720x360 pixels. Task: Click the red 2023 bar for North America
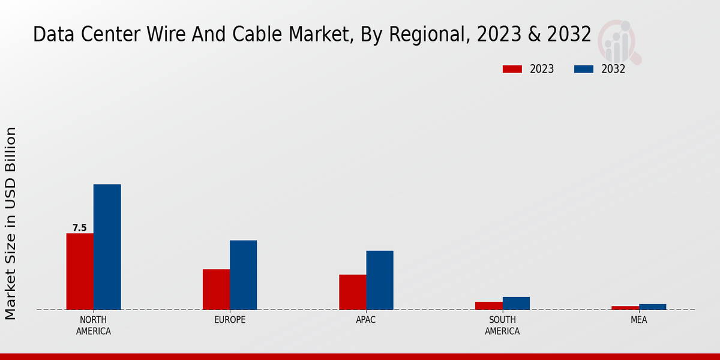pyautogui.click(x=80, y=271)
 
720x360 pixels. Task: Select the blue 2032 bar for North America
pyautogui.click(x=107, y=247)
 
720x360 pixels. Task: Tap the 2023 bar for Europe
pyautogui.click(x=216, y=289)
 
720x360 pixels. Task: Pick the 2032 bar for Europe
pyautogui.click(x=243, y=275)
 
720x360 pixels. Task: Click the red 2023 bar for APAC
pyautogui.click(x=352, y=292)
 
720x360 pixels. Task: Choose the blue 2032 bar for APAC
pyautogui.click(x=380, y=280)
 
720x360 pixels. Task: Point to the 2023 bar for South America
pyautogui.click(x=488, y=305)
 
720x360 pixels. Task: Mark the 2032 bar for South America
pyautogui.click(x=516, y=303)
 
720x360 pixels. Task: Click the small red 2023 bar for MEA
pyautogui.click(x=625, y=308)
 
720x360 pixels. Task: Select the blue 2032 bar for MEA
pyautogui.click(x=652, y=307)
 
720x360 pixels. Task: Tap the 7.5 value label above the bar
pyautogui.click(x=80, y=228)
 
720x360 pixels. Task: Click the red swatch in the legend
pyautogui.click(x=512, y=69)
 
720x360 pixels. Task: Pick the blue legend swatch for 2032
pyautogui.click(x=584, y=69)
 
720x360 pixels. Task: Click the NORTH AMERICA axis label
pyautogui.click(x=94, y=325)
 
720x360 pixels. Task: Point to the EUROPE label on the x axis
pyautogui.click(x=230, y=320)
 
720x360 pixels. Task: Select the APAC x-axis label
pyautogui.click(x=366, y=320)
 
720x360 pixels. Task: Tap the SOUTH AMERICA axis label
pyautogui.click(x=502, y=325)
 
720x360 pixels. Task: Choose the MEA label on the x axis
pyautogui.click(x=638, y=320)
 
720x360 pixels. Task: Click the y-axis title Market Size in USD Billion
pyautogui.click(x=11, y=223)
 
